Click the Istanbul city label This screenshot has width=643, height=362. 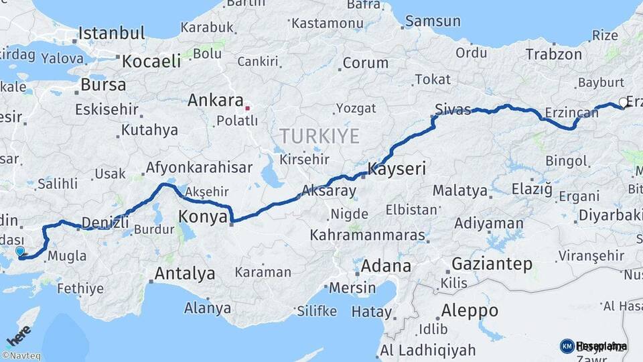click(x=111, y=33)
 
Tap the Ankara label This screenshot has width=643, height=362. click(x=215, y=101)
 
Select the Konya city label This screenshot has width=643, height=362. click(x=204, y=216)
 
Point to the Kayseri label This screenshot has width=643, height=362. click(x=397, y=169)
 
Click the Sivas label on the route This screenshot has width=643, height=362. click(x=453, y=109)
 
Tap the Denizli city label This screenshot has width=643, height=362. click(x=104, y=223)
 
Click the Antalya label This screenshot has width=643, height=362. click(x=185, y=274)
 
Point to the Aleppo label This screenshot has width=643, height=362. click(x=470, y=311)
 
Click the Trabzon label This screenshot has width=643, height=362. click(x=553, y=54)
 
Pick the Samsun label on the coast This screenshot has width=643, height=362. click(x=433, y=21)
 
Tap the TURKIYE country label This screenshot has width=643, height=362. click(x=319, y=136)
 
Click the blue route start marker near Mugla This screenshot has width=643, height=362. click(x=20, y=251)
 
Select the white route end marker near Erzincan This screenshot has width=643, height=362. click(x=624, y=103)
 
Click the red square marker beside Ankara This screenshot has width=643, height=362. click(x=248, y=107)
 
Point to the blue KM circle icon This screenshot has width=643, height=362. click(x=567, y=346)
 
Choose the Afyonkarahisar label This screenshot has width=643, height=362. click(x=199, y=168)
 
